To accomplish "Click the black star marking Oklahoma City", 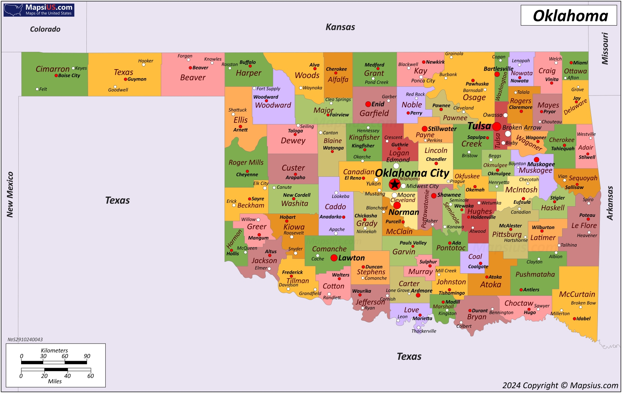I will pyautogui.click(x=395, y=184).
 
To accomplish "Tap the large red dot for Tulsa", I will pyautogui.click(x=497, y=126).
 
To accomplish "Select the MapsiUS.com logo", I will pyautogui.click(x=39, y=10).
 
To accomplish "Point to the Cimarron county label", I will pyautogui.click(x=53, y=69).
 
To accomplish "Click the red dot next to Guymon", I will pyautogui.click(x=125, y=79).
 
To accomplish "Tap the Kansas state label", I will pyautogui.click(x=340, y=27).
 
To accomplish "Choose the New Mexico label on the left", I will pyautogui.click(x=10, y=194).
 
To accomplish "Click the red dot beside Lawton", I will pyautogui.click(x=334, y=258).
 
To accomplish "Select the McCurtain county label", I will pyautogui.click(x=577, y=294).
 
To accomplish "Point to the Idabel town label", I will pyautogui.click(x=583, y=319).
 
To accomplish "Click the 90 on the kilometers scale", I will pyautogui.click(x=87, y=356).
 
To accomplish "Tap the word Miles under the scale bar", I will pyautogui.click(x=55, y=381).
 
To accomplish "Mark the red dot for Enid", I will pyautogui.click(x=368, y=104).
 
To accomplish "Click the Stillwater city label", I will pyautogui.click(x=442, y=129).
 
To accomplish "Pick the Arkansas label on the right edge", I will pyautogui.click(x=610, y=203).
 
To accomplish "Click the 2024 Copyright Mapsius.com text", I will pyautogui.click(x=560, y=385).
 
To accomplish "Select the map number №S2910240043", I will pyautogui.click(x=25, y=339).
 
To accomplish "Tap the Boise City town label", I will pyautogui.click(x=69, y=75).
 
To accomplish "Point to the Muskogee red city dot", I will pyautogui.click(x=536, y=159).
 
